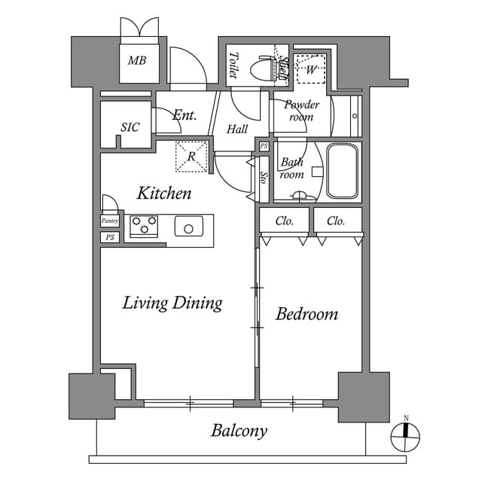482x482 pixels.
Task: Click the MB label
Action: [x=136, y=61]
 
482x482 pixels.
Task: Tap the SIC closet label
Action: [x=130, y=127]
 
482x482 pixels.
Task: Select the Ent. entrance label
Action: [x=184, y=115]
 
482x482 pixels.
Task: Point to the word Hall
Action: [x=237, y=130]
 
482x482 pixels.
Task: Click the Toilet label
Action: [x=233, y=66]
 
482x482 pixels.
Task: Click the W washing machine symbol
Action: [x=310, y=70]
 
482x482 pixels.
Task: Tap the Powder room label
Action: [x=301, y=111]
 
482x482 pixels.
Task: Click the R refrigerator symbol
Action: [x=191, y=157]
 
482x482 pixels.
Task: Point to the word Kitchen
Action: [x=163, y=194]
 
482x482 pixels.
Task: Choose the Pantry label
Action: [x=110, y=221]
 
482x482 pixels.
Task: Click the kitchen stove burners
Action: [x=143, y=225]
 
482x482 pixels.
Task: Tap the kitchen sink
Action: [x=188, y=226]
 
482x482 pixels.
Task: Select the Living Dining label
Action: [x=172, y=303]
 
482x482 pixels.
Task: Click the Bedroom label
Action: [x=307, y=314]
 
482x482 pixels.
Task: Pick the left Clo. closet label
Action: [x=284, y=221]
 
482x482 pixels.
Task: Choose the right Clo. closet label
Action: [x=336, y=221]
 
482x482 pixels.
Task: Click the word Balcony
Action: [x=239, y=431]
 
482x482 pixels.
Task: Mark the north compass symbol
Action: [x=405, y=435]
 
